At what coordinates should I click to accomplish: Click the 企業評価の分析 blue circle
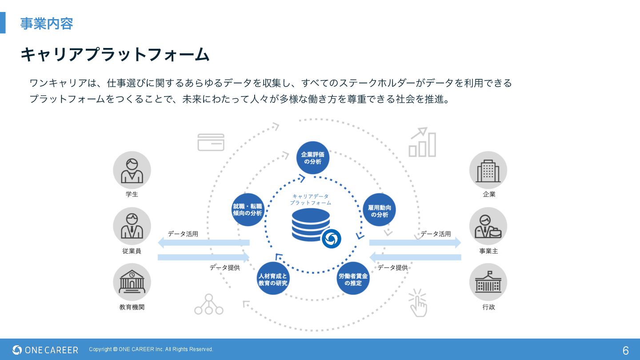coord(313,158)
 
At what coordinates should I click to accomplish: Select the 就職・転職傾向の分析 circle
coord(248,210)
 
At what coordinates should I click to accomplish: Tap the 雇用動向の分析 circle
coord(379,210)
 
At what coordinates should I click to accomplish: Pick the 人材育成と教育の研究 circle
coord(273,279)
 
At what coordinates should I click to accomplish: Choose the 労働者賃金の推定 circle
coord(353,279)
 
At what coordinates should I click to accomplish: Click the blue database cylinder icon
coord(311,224)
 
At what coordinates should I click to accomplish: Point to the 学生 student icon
coord(132,170)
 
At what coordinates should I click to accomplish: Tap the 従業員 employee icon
coord(132,226)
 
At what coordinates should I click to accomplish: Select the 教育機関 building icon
coord(132,282)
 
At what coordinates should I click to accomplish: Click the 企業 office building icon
coord(488,170)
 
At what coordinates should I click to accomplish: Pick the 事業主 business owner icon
coord(488,226)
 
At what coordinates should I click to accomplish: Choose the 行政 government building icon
coord(488,282)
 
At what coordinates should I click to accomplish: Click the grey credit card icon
coord(211,142)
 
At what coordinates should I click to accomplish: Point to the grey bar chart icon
coord(422,143)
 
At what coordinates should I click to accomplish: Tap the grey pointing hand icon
coord(418,303)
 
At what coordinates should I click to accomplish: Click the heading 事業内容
coord(46,24)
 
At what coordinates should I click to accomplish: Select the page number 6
coord(625,350)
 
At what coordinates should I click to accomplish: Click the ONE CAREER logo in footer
coord(45,350)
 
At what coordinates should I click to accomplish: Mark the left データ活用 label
coord(183,234)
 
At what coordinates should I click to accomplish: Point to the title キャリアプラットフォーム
coord(115,55)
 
